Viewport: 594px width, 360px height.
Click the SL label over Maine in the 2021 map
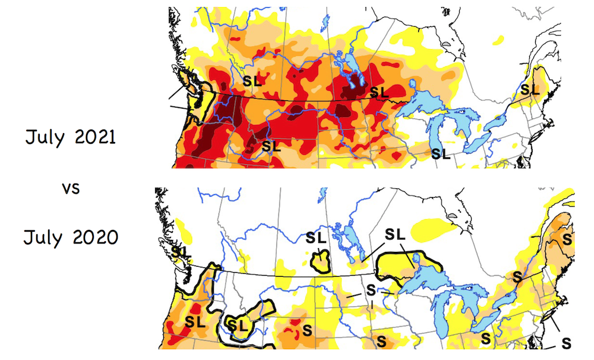[x=530, y=90]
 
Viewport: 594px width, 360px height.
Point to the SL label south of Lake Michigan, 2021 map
[x=441, y=154]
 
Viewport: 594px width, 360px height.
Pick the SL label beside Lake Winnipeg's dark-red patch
[x=379, y=92]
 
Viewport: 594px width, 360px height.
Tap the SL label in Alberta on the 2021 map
[x=254, y=80]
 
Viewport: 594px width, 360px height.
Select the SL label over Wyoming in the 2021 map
[x=271, y=145]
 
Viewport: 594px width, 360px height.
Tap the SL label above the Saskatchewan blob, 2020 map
[x=316, y=238]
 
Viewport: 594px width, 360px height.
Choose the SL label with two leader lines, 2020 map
[x=394, y=234]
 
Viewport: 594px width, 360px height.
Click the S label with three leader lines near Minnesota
[x=371, y=291]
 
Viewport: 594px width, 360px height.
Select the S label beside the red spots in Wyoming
[x=307, y=329]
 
